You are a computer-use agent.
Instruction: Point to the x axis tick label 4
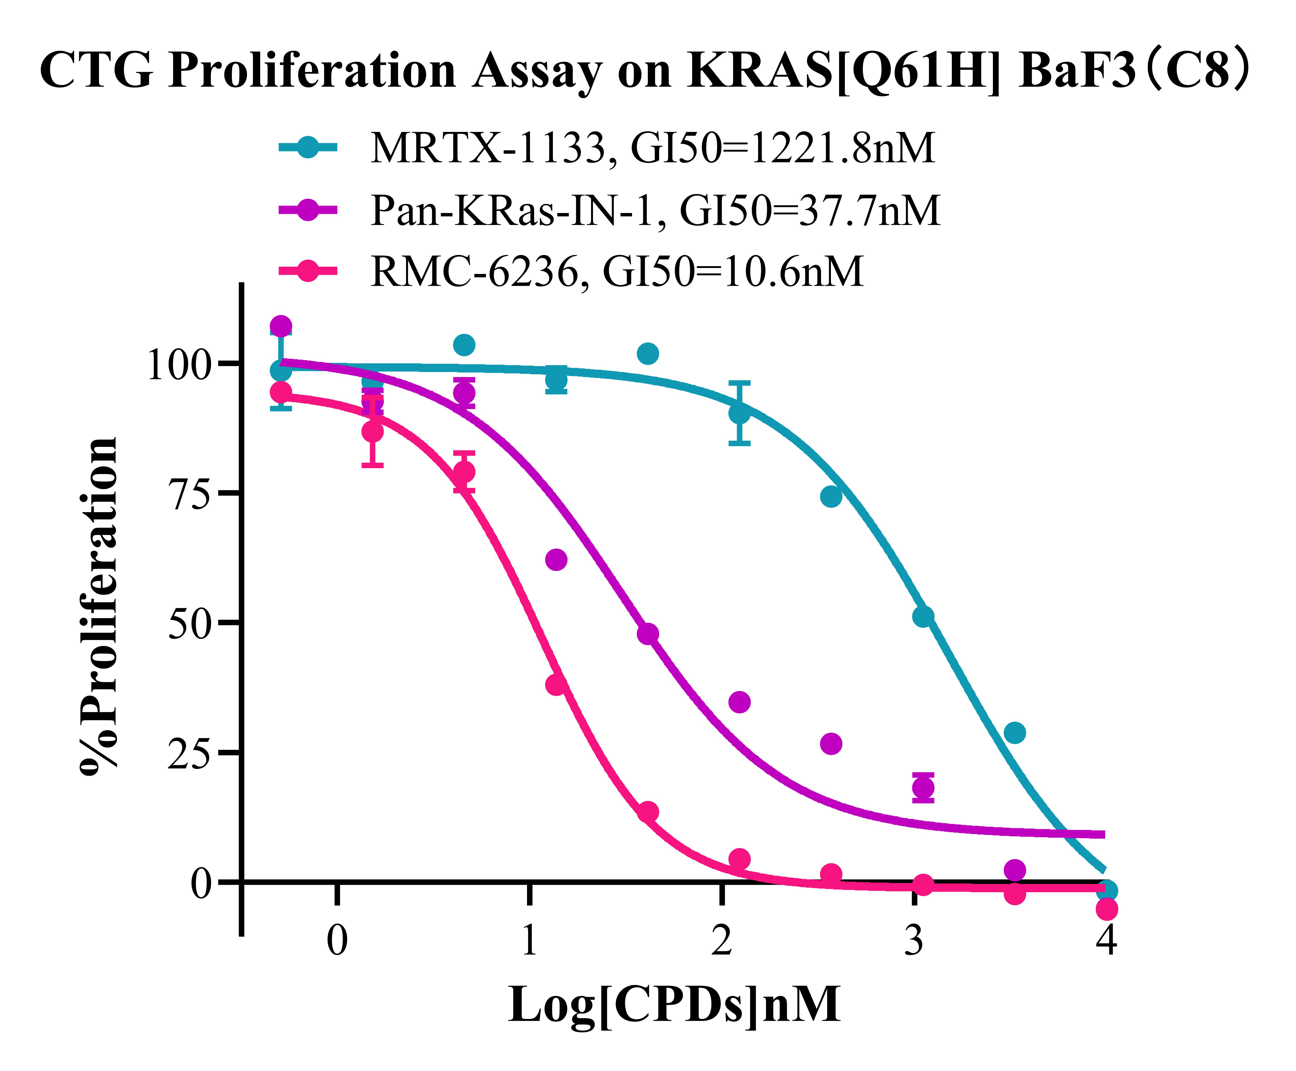[x=1107, y=941]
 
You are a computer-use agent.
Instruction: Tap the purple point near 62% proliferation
[x=556, y=560]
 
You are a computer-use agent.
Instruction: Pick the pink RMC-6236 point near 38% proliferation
[x=556, y=684]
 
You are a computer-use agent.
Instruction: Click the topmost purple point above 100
[x=281, y=326]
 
